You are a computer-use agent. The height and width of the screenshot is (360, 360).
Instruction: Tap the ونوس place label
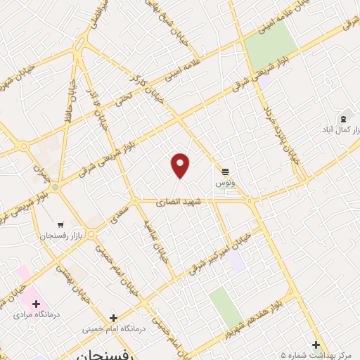pyautogui.click(x=225, y=182)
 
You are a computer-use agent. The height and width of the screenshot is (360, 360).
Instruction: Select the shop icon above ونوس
pyautogui.click(x=225, y=171)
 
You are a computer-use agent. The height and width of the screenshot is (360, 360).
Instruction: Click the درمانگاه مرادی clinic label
pyautogui.click(x=37, y=316)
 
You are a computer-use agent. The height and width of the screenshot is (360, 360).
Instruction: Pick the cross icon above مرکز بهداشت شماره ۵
pyautogui.click(x=316, y=345)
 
